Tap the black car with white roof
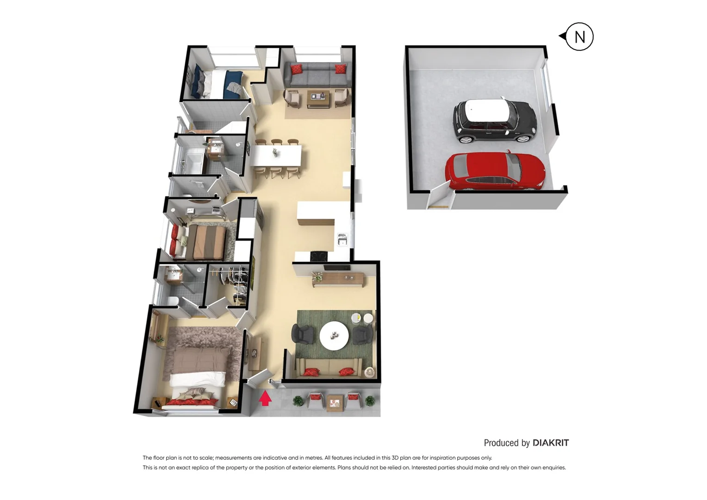click(x=494, y=120)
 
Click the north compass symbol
click(x=579, y=37)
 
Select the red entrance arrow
click(x=265, y=398)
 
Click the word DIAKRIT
click(x=551, y=443)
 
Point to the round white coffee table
click(x=334, y=336)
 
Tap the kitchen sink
click(x=342, y=239)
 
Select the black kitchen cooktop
click(x=319, y=256)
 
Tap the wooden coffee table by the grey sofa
click(x=318, y=98)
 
